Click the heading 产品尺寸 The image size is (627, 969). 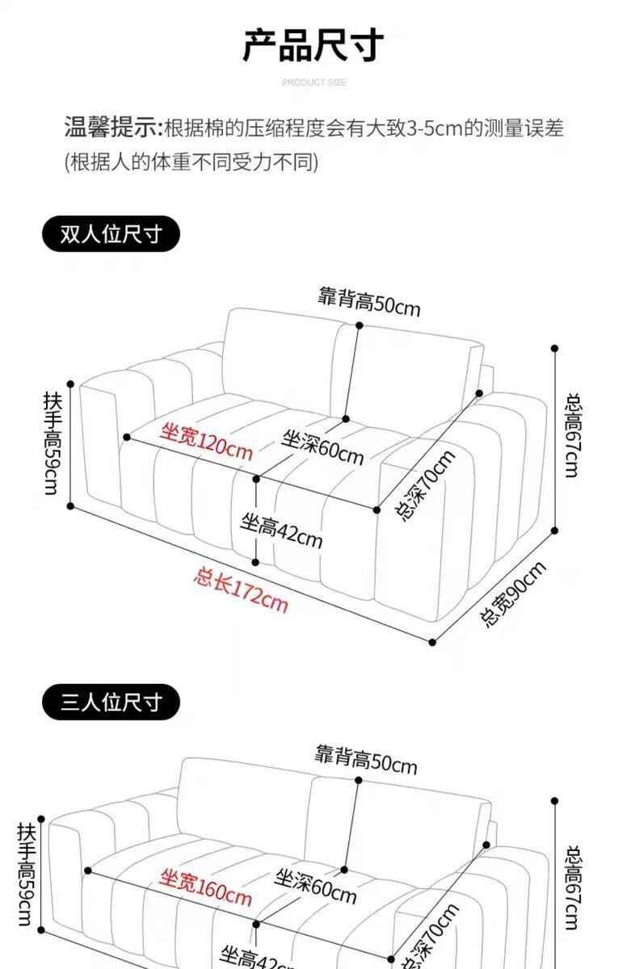coord(313,45)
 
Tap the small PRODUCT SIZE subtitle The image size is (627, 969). coord(314,82)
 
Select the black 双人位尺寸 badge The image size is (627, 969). coord(111,235)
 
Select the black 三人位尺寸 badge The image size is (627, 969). coord(111,702)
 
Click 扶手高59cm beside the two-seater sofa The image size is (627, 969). coord(51,444)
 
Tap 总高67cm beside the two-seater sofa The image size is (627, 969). coord(573,435)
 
